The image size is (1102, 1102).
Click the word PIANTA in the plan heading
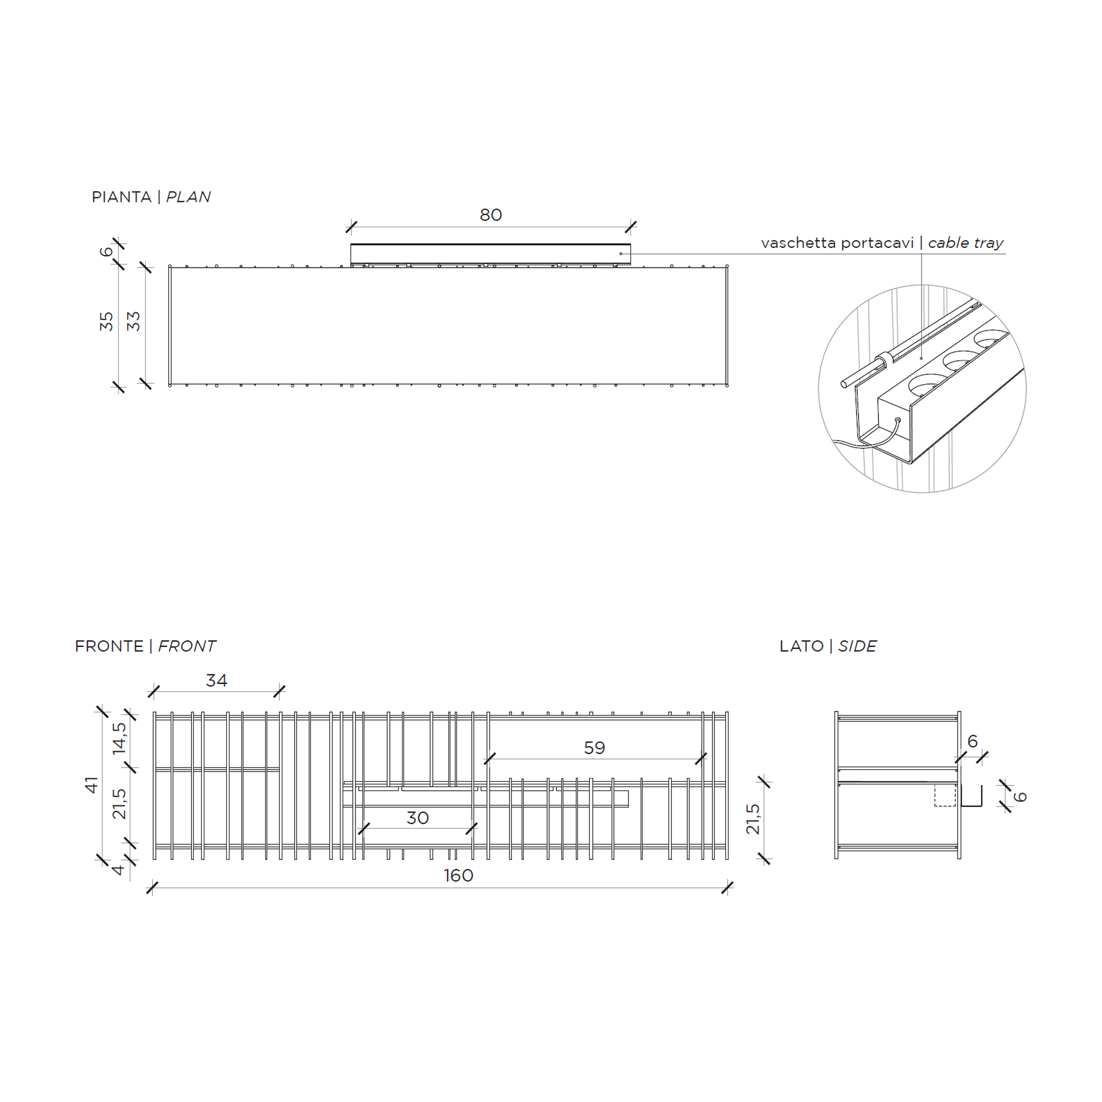click(x=122, y=197)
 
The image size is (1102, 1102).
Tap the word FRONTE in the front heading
click(x=109, y=646)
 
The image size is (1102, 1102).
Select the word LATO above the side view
click(x=801, y=646)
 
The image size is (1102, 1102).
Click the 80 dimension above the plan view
click(x=491, y=215)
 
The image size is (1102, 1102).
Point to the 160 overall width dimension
click(x=458, y=875)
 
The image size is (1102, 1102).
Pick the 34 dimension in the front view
click(x=217, y=681)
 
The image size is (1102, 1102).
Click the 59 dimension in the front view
click(x=594, y=748)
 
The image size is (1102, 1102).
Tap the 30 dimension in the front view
click(x=417, y=818)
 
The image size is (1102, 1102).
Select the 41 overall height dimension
click(x=92, y=785)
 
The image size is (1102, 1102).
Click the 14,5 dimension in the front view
click(x=119, y=739)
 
